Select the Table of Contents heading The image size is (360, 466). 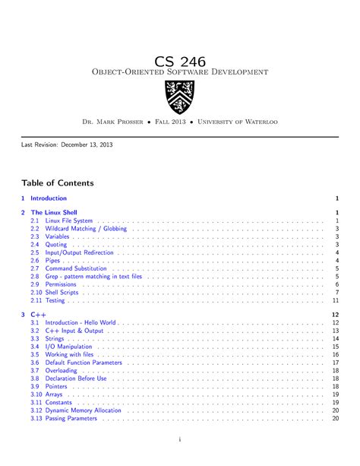pyautogui.click(x=58, y=183)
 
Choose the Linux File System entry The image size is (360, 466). pyautogui.click(x=69, y=221)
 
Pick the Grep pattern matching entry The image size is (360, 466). pyautogui.click(x=93, y=277)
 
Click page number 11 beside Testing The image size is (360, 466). pyautogui.click(x=335, y=300)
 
